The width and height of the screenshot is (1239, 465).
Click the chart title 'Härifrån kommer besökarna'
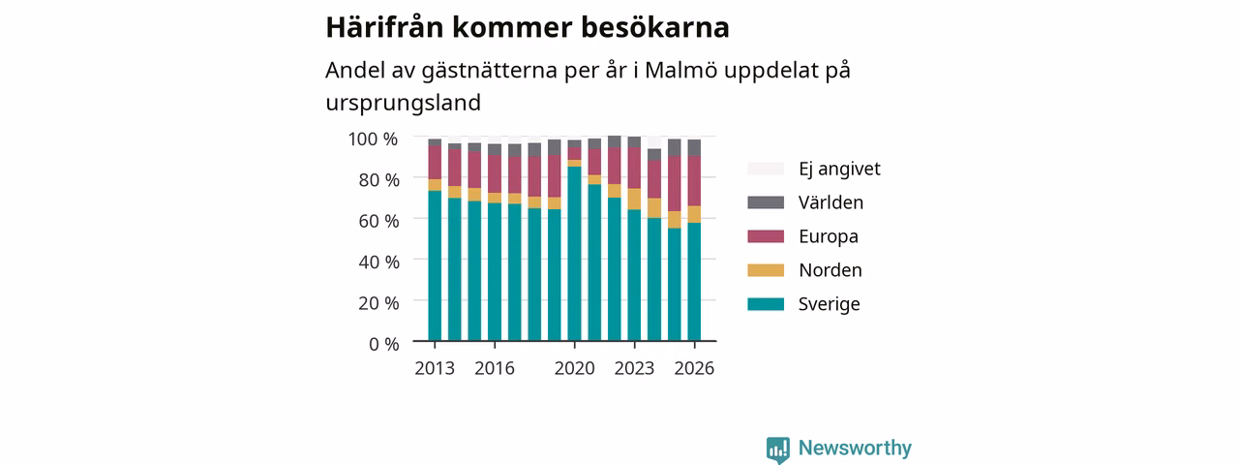[x=528, y=27]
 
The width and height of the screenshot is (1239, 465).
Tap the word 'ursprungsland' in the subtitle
[x=404, y=104]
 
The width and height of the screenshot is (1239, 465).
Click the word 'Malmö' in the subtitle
[x=680, y=71]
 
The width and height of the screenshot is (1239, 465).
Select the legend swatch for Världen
[x=766, y=202]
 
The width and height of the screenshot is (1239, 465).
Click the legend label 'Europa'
[x=828, y=236]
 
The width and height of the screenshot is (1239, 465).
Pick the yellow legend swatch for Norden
[x=766, y=270]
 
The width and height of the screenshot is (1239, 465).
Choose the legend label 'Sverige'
[x=829, y=304]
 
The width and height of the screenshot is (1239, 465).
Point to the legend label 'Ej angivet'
[x=839, y=169]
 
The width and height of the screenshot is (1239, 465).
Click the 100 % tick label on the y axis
[x=373, y=139]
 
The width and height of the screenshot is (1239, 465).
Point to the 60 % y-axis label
[x=378, y=221]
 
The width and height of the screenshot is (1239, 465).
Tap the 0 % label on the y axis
[x=384, y=344]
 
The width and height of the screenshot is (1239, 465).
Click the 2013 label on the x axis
[x=435, y=368]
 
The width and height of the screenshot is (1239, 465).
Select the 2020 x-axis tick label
[x=575, y=368]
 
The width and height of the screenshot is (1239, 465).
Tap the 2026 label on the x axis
[x=694, y=368]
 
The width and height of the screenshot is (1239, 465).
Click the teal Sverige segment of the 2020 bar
[x=575, y=254]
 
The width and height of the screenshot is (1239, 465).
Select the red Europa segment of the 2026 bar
[x=694, y=181]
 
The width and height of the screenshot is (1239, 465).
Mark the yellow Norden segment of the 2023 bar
[x=634, y=200]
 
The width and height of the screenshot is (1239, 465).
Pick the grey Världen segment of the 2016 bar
[x=495, y=150]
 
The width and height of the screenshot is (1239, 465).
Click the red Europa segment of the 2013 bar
[x=435, y=163]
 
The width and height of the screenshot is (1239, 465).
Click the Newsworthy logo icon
[x=778, y=449]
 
